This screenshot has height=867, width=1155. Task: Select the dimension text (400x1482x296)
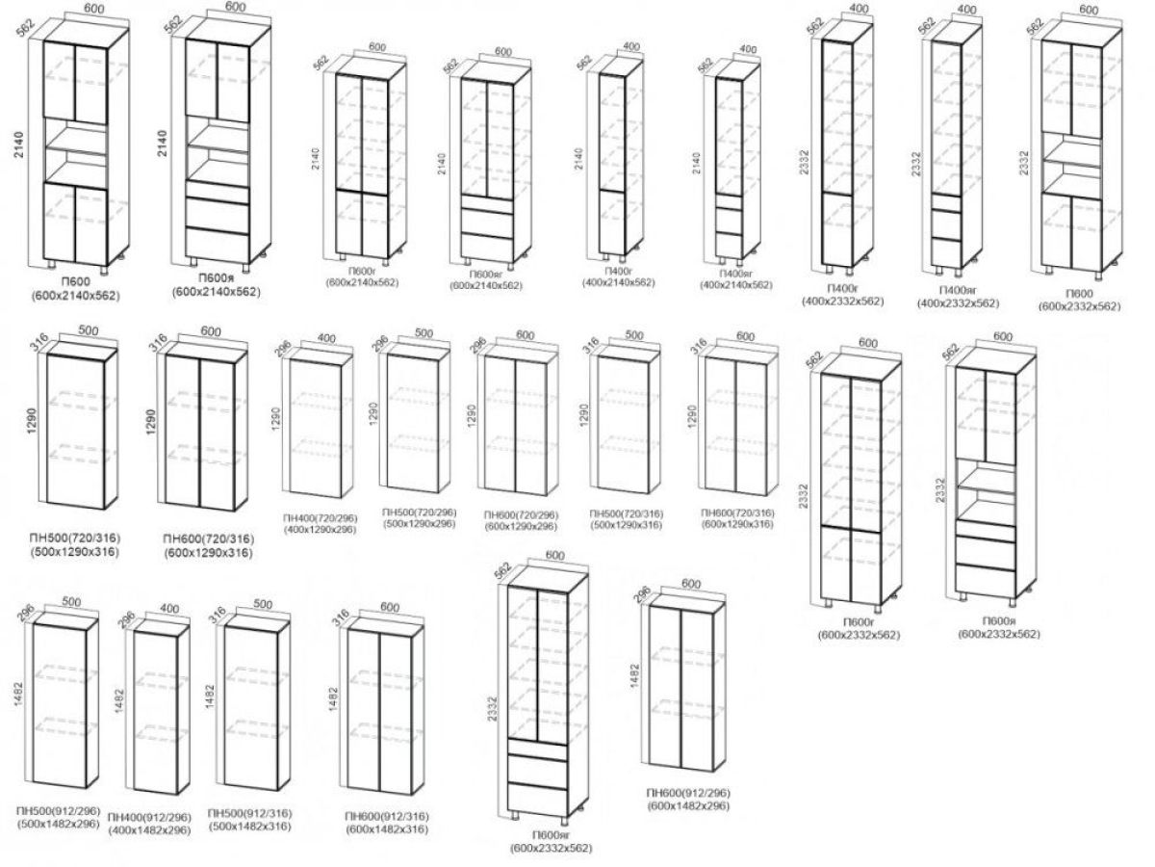pyautogui.click(x=150, y=829)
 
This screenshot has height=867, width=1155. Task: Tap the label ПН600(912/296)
pyautogui.click(x=688, y=792)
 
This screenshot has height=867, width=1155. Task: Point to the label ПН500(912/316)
pyautogui.click(x=250, y=814)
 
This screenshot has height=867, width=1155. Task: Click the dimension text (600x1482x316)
pyautogui.click(x=386, y=828)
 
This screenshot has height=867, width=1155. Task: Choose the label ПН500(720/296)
pyautogui.click(x=418, y=512)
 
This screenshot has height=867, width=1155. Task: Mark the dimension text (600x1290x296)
pyautogui.click(x=520, y=526)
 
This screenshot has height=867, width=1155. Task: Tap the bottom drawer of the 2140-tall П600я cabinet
pyautogui.click(x=218, y=245)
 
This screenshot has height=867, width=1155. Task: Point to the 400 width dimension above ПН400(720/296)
pyautogui.click(x=325, y=338)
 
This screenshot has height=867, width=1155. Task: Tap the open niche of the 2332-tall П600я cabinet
pyautogui.click(x=987, y=490)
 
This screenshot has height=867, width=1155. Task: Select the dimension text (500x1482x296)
pyautogui.click(x=58, y=825)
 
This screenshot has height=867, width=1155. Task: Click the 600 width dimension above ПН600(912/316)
pyautogui.click(x=389, y=608)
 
